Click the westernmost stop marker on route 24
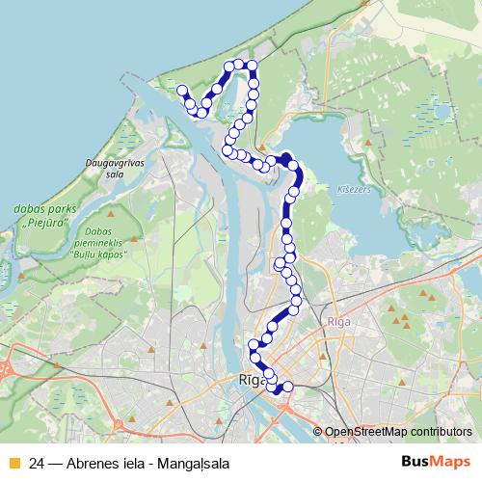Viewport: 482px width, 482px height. pyautogui.click(x=181, y=90)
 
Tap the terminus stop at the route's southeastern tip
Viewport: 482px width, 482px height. pyautogui.click(x=287, y=388)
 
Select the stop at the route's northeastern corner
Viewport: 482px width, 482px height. pyautogui.click(x=252, y=66)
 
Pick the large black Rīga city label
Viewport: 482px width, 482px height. pyautogui.click(x=251, y=380)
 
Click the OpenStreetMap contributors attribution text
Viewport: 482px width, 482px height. pyautogui.click(x=397, y=431)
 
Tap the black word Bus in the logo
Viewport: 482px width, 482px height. pyautogui.click(x=415, y=462)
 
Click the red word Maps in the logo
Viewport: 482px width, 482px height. pyautogui.click(x=451, y=462)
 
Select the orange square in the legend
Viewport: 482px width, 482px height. pyautogui.click(x=13, y=463)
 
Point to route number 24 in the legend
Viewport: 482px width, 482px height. pyautogui.click(x=38, y=463)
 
